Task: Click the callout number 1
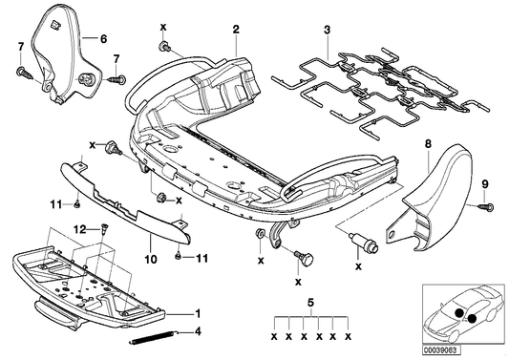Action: tap(198, 313)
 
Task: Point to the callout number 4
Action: tap(198, 332)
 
